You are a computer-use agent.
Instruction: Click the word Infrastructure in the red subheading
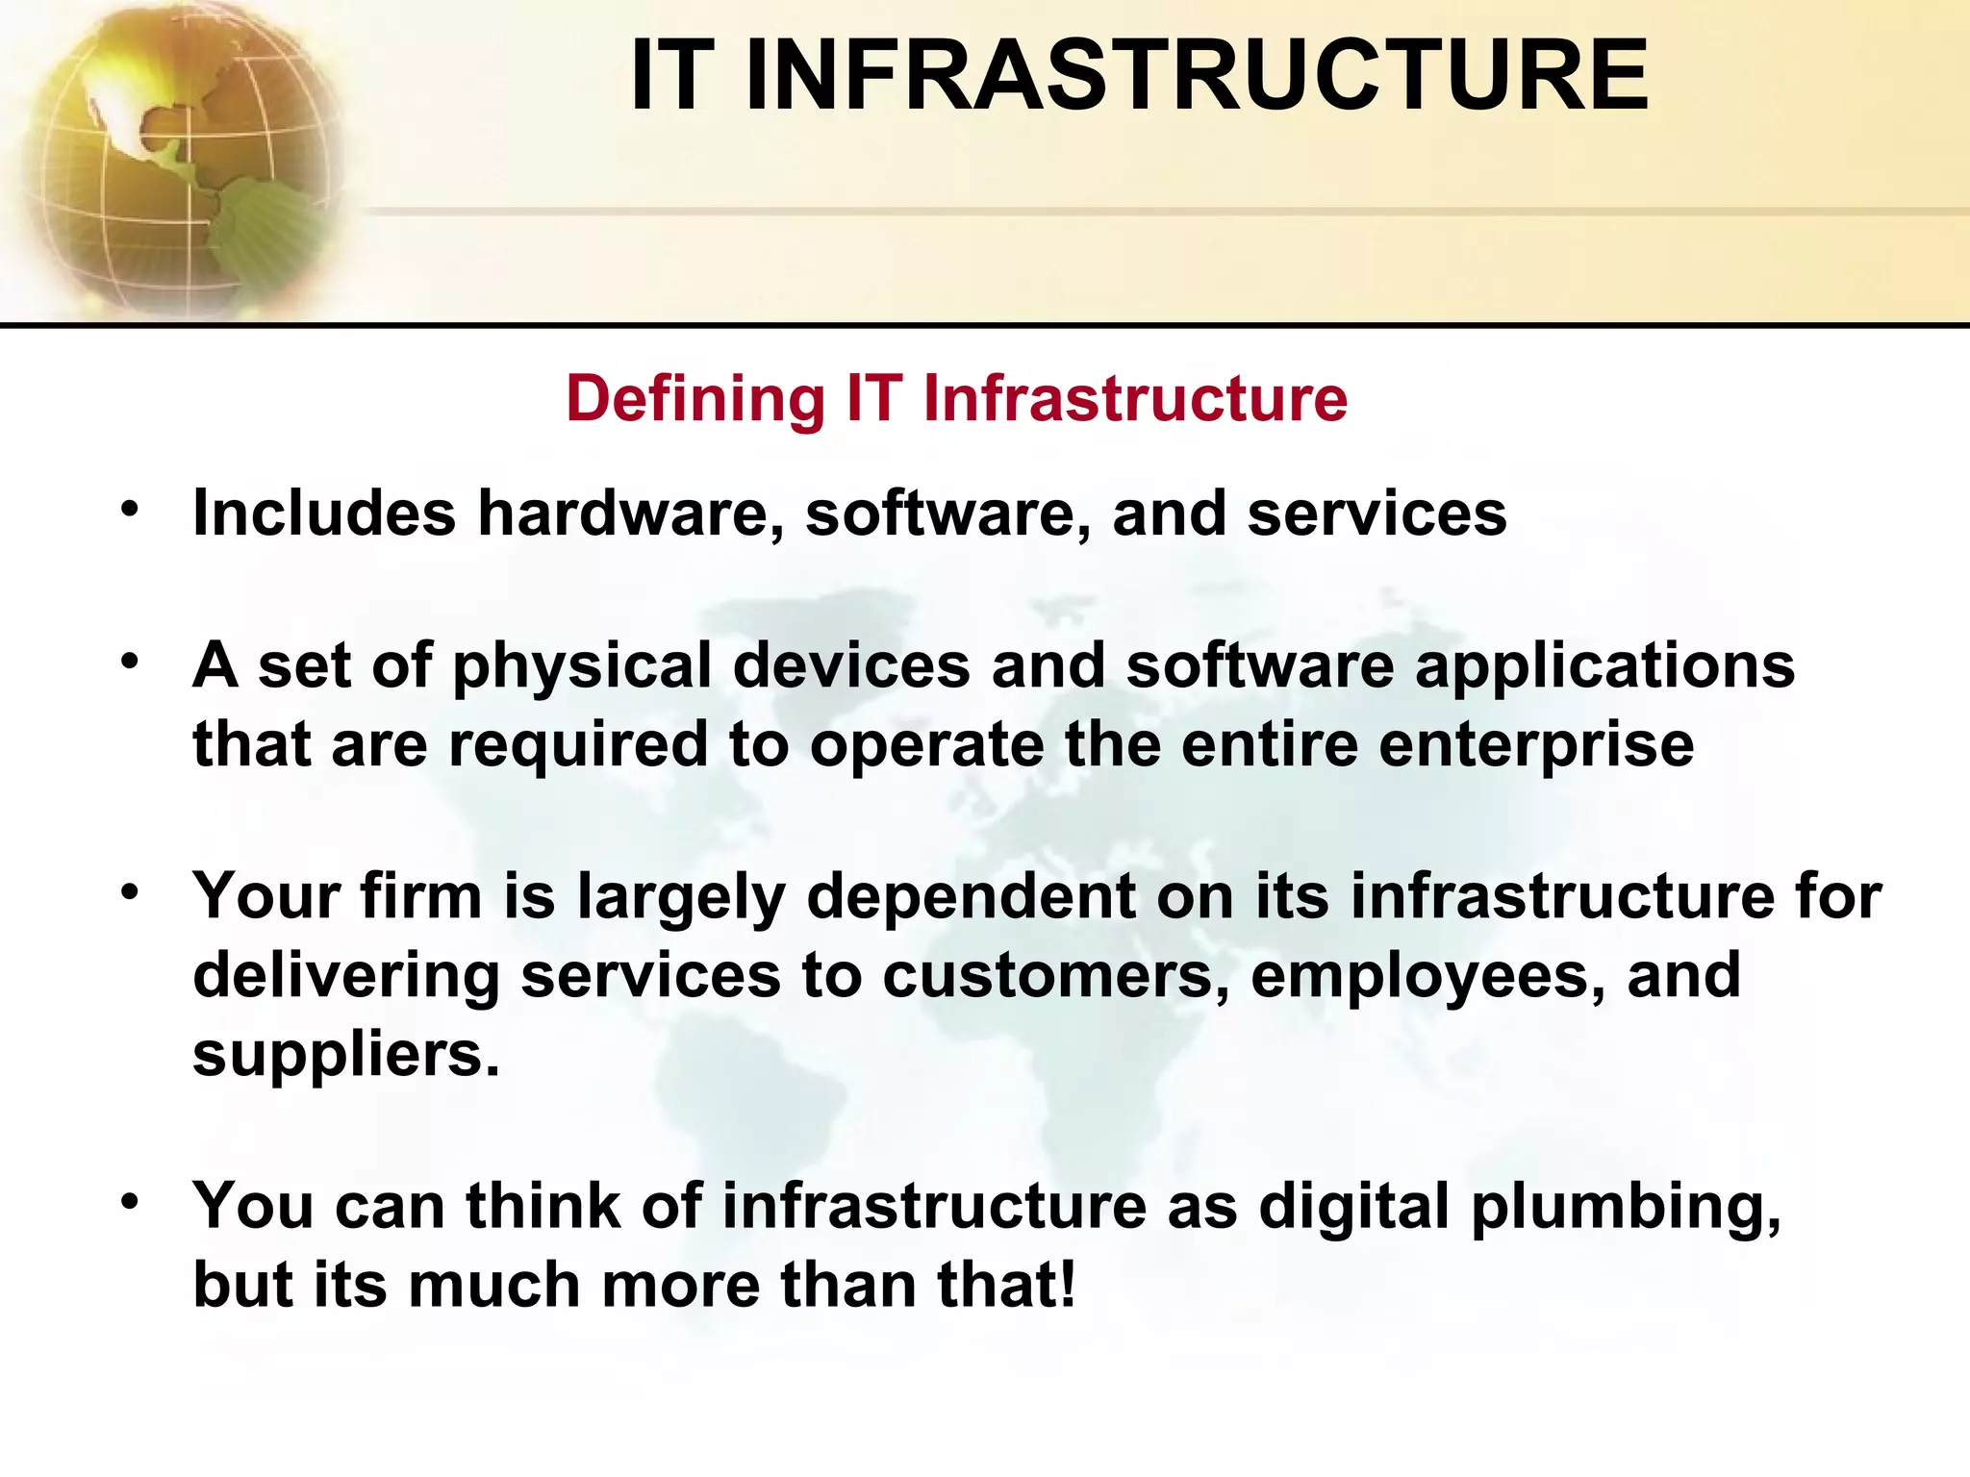pos(1135,399)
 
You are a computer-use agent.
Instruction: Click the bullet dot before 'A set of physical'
pos(130,662)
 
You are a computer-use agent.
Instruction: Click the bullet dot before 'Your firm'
pos(130,893)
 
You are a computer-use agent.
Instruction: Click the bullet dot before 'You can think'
pos(130,1202)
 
